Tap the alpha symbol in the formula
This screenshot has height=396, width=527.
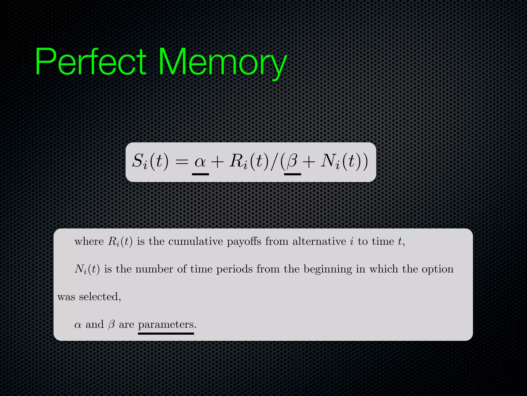[x=200, y=162]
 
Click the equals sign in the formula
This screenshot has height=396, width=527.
[x=182, y=162]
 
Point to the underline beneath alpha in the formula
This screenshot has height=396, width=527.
[x=200, y=174]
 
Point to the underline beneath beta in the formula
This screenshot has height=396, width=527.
[x=292, y=174]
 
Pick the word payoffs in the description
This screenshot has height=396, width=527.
[x=244, y=242]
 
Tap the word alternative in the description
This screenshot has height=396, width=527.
[x=319, y=241]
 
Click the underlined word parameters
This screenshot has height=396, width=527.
[x=166, y=325]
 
